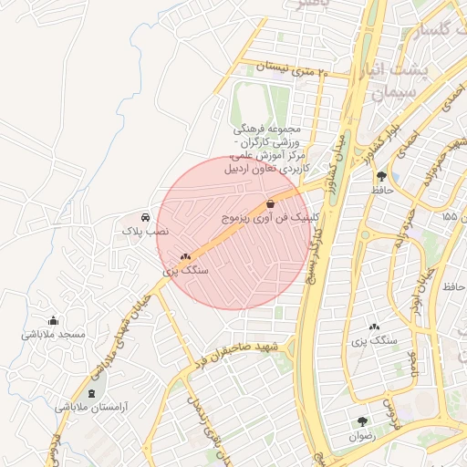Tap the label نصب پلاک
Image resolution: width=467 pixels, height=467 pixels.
pyautogui.click(x=146, y=233)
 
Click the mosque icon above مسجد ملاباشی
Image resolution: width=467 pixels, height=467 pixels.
pyautogui.click(x=53, y=320)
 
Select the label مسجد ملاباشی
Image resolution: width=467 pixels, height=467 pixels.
pyautogui.click(x=53, y=336)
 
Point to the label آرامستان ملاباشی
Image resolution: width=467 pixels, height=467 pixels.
pyautogui.click(x=88, y=408)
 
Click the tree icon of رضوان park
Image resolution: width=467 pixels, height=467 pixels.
pyautogui.click(x=363, y=421)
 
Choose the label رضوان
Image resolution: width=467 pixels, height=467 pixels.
pyautogui.click(x=361, y=437)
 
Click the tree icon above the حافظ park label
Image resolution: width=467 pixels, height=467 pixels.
pyautogui.click(x=380, y=176)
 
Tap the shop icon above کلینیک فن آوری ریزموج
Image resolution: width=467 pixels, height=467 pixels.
pyautogui.click(x=271, y=204)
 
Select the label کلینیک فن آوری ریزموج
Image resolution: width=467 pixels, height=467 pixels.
pyautogui.click(x=271, y=220)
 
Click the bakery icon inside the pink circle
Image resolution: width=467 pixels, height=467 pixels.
pyautogui.click(x=186, y=257)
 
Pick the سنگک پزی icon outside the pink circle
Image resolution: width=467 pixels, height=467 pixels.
pyautogui.click(x=374, y=326)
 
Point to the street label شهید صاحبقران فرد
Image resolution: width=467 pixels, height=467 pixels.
pyautogui.click(x=239, y=354)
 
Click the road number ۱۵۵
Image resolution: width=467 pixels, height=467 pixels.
pyautogui.click(x=448, y=217)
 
